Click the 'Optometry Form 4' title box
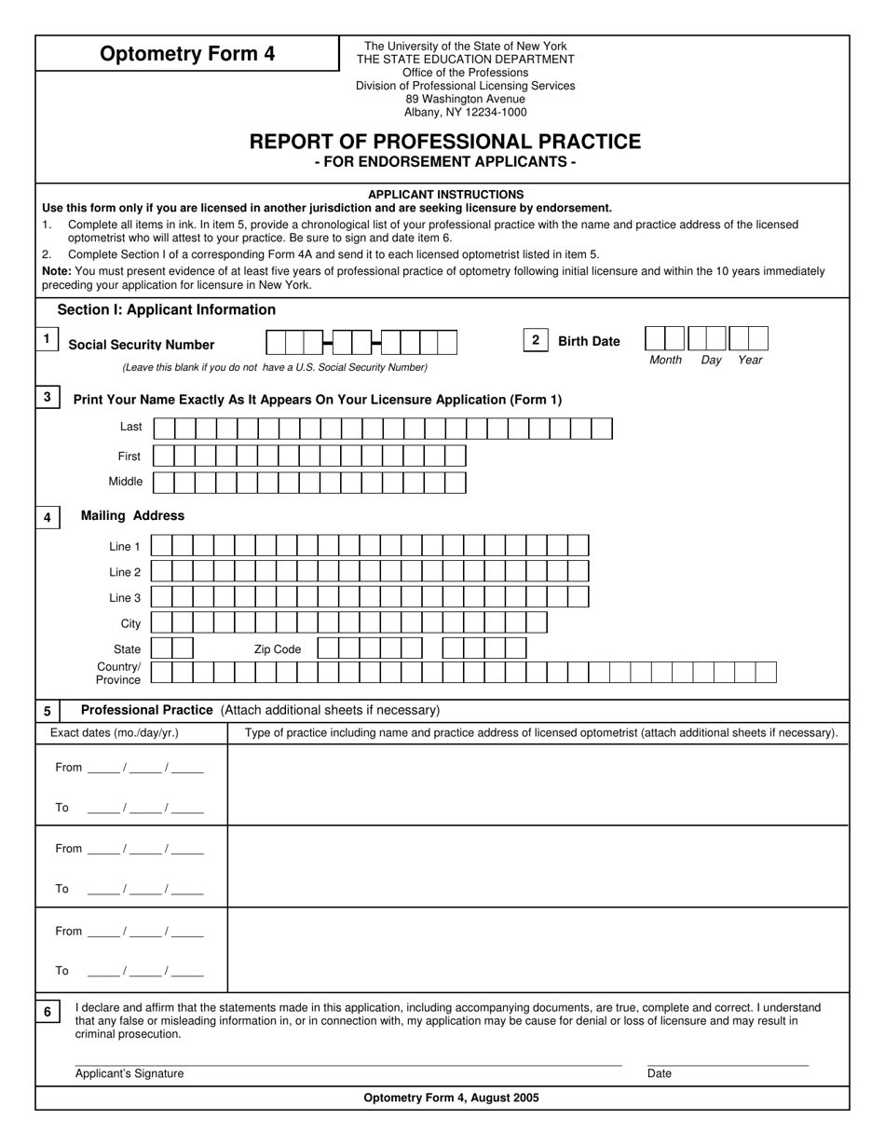(x=187, y=54)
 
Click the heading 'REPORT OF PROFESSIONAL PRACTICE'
(x=444, y=142)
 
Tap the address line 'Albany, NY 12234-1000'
(x=465, y=112)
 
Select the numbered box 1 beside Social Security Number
(x=47, y=339)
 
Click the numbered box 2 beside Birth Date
(x=535, y=340)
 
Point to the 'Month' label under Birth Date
(x=665, y=360)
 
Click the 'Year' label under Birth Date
(x=750, y=360)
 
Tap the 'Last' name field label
(x=131, y=427)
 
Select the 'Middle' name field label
(x=126, y=482)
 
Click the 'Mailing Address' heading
(x=132, y=515)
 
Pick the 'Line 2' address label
(x=125, y=572)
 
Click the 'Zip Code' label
(x=278, y=649)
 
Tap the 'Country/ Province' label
(x=118, y=674)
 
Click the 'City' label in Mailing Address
(x=131, y=623)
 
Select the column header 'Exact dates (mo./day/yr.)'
(x=115, y=733)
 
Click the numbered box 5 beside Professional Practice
(x=48, y=711)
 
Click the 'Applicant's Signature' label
(x=129, y=1073)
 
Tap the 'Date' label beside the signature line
(x=660, y=1073)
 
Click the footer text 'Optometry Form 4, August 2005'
(x=451, y=1098)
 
